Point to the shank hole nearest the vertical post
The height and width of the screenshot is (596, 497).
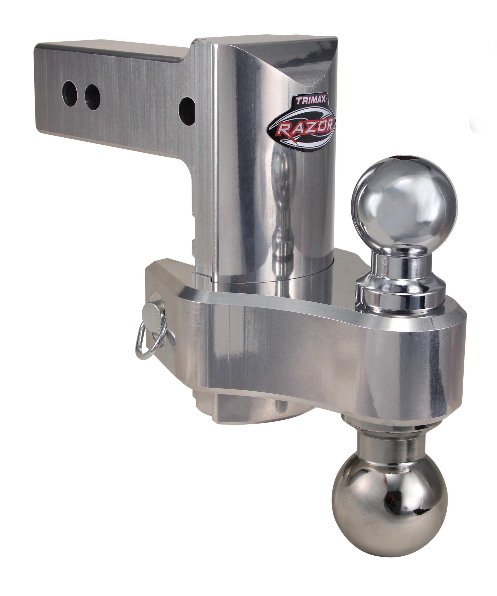point(187,111)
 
